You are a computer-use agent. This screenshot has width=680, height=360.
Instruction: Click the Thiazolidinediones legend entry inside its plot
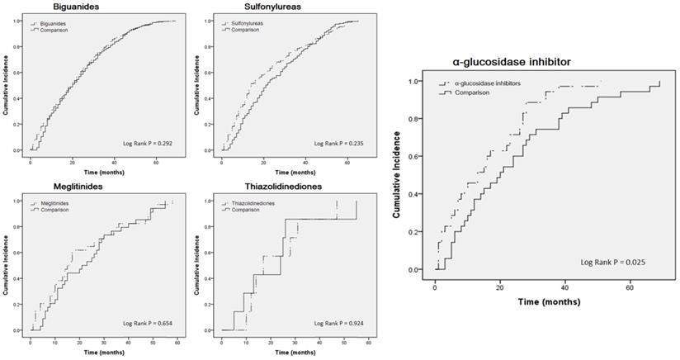tap(252, 203)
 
